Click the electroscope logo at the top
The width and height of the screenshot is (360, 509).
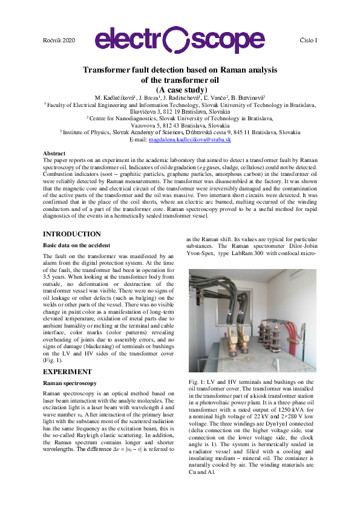(x=180, y=40)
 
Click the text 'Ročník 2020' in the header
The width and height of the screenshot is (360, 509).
(x=59, y=39)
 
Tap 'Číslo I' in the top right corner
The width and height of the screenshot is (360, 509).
(x=309, y=39)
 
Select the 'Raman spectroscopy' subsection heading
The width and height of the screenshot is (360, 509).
(x=70, y=383)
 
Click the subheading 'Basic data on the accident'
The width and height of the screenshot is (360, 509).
(x=76, y=245)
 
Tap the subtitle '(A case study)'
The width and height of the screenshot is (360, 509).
(x=180, y=90)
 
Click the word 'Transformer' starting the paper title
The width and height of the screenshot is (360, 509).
(x=105, y=70)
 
